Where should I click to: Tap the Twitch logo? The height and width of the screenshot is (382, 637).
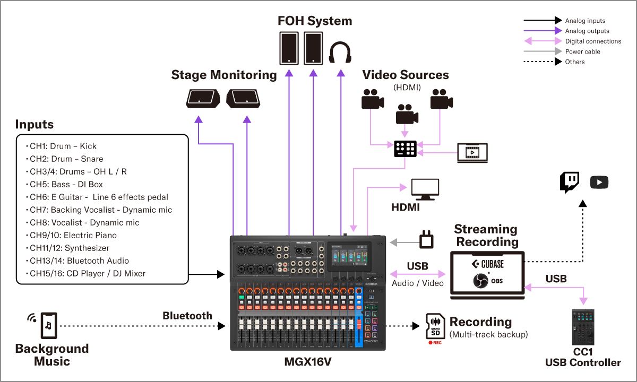pos(570,182)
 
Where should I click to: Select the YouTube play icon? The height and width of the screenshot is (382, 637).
pos(599,183)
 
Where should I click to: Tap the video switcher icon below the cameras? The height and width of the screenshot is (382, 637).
pos(406,149)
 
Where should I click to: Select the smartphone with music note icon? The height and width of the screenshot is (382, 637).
pos(48,325)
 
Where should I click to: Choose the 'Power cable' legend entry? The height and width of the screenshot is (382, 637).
pos(582,51)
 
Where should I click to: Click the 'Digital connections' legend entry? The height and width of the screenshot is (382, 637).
pos(593,41)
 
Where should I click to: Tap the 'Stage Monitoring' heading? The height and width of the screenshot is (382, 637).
pos(224,75)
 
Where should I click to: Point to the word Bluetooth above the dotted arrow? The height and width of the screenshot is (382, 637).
pos(187,316)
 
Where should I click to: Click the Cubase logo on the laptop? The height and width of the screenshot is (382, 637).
pos(487,264)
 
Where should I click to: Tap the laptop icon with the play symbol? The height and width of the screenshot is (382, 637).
pos(472,153)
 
